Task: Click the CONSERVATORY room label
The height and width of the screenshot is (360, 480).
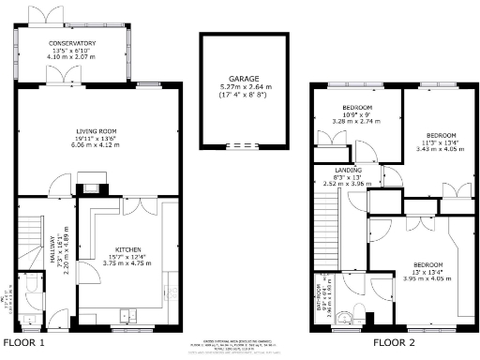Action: coord(72,43)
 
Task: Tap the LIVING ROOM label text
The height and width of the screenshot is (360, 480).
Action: coord(97,131)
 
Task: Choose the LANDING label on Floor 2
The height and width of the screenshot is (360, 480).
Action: coord(349,171)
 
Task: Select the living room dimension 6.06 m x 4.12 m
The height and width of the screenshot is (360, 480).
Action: coord(97,146)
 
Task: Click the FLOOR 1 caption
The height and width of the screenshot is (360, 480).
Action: coord(24,344)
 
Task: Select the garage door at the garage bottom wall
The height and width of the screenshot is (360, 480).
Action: coord(239,145)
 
